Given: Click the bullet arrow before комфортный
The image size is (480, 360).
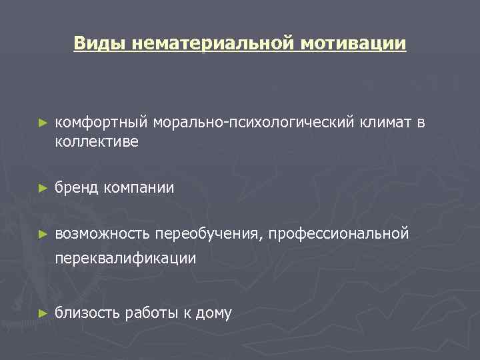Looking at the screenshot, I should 43,123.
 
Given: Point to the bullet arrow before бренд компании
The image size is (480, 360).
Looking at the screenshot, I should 43,189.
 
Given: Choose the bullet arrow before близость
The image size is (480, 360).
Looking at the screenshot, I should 43,313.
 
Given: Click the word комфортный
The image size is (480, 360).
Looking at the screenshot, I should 102,123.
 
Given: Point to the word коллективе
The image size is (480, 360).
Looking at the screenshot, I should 97,142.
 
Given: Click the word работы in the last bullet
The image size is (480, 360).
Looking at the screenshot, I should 150,313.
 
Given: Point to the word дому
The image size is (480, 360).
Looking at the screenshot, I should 213,313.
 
